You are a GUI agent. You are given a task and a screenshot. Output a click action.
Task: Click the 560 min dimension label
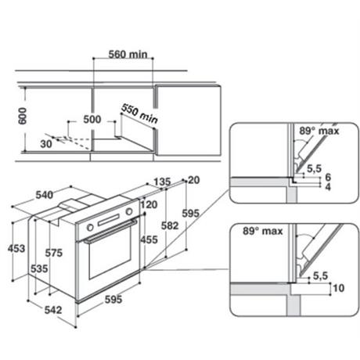click(x=128, y=55)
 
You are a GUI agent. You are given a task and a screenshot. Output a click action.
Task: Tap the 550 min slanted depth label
click(x=140, y=113)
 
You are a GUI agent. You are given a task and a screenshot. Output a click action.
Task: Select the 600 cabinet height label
click(x=23, y=116)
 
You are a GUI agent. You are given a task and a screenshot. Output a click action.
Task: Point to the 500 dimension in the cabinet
click(x=92, y=119)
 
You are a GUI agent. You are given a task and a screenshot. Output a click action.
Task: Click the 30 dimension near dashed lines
click(x=46, y=144)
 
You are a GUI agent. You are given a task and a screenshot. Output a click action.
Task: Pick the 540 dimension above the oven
click(x=45, y=195)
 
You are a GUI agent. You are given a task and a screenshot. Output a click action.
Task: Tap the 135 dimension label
click(x=162, y=182)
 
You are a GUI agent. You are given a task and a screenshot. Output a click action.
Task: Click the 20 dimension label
click(x=194, y=180)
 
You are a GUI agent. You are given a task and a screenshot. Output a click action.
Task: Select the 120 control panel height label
click(x=149, y=204)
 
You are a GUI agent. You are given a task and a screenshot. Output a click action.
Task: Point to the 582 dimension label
click(x=170, y=225)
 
